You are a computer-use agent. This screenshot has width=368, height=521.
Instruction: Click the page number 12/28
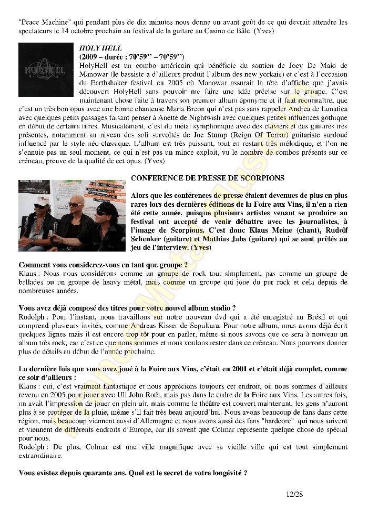295,494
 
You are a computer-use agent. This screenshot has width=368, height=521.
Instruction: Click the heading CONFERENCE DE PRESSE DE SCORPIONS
207,178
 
